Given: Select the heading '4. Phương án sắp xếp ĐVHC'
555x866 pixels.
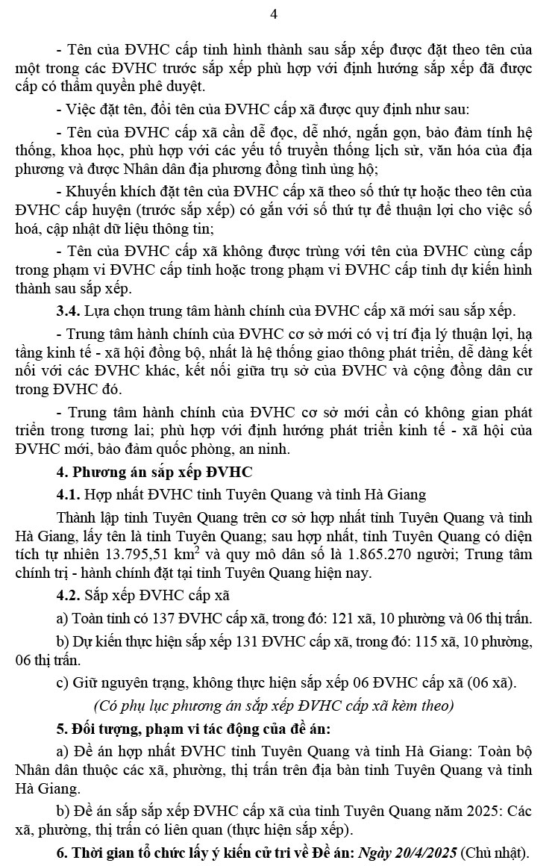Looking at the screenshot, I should point(154,472).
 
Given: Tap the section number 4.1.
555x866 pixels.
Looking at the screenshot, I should point(70,494).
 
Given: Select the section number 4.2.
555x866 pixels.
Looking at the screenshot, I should point(70,595).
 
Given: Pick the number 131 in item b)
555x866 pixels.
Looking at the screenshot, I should point(241,641).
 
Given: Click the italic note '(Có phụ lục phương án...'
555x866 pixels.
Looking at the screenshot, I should point(273,705).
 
